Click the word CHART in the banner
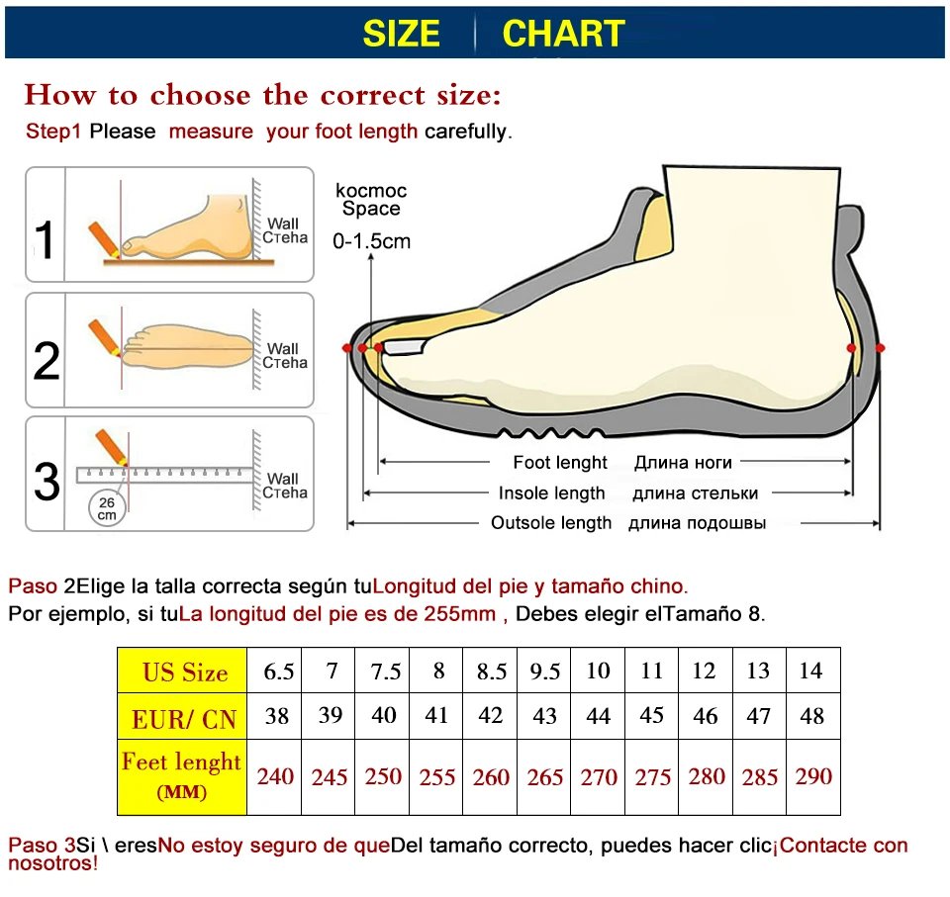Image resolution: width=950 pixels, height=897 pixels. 563,34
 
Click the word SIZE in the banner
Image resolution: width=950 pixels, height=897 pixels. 401,34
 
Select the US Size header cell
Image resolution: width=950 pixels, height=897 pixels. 184,673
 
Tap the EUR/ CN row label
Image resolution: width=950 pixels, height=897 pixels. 184,719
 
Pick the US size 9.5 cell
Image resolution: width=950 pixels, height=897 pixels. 545,673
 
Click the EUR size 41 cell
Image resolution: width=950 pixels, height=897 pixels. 436,715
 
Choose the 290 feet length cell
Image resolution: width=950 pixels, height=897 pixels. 813,776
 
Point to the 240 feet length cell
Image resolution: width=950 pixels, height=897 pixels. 275,776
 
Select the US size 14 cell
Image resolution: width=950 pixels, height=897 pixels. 810,671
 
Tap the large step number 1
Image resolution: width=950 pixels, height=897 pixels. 46,240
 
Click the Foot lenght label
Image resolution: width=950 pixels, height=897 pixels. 560,462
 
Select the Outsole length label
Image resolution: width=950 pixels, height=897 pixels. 551,523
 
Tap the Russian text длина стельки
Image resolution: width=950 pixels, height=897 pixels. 695,493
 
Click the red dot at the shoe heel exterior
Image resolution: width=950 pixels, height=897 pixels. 880,348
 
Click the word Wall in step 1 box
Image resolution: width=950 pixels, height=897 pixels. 282,224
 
